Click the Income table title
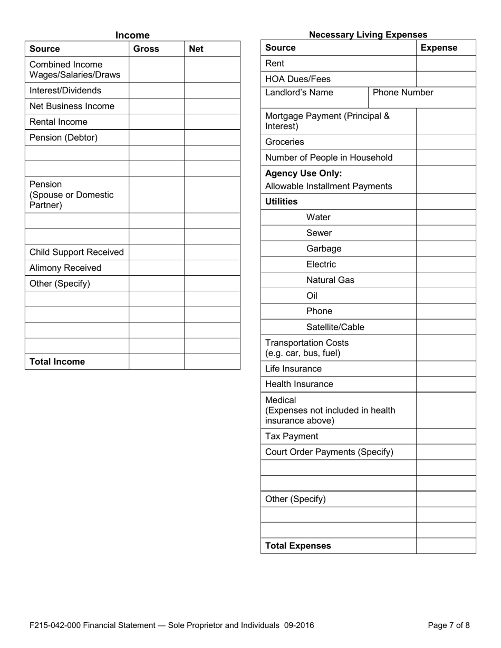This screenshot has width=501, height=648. [x=132, y=35]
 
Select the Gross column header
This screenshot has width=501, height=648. [x=146, y=49]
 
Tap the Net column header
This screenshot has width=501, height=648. [x=196, y=49]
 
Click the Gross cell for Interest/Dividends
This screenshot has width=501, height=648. [x=156, y=91]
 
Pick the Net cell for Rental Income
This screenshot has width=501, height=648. [x=212, y=122]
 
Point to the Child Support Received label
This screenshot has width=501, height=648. [x=76, y=252]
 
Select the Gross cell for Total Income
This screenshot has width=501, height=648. [x=156, y=362]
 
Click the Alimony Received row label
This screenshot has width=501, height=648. [x=65, y=268]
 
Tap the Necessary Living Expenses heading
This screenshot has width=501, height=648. [x=368, y=35]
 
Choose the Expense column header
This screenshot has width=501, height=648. [x=439, y=48]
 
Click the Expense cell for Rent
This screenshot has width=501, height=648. [x=446, y=64]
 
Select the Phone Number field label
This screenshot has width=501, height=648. [x=403, y=93]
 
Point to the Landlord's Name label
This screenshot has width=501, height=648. [x=299, y=93]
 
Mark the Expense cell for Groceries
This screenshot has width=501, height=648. [x=446, y=142]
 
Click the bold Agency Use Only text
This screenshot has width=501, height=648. [x=303, y=173]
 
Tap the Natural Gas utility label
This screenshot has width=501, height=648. [x=330, y=280]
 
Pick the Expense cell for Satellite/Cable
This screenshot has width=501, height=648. [x=446, y=327]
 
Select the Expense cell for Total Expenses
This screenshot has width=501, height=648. [x=446, y=546]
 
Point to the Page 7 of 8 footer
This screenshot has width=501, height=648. [x=448, y=626]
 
